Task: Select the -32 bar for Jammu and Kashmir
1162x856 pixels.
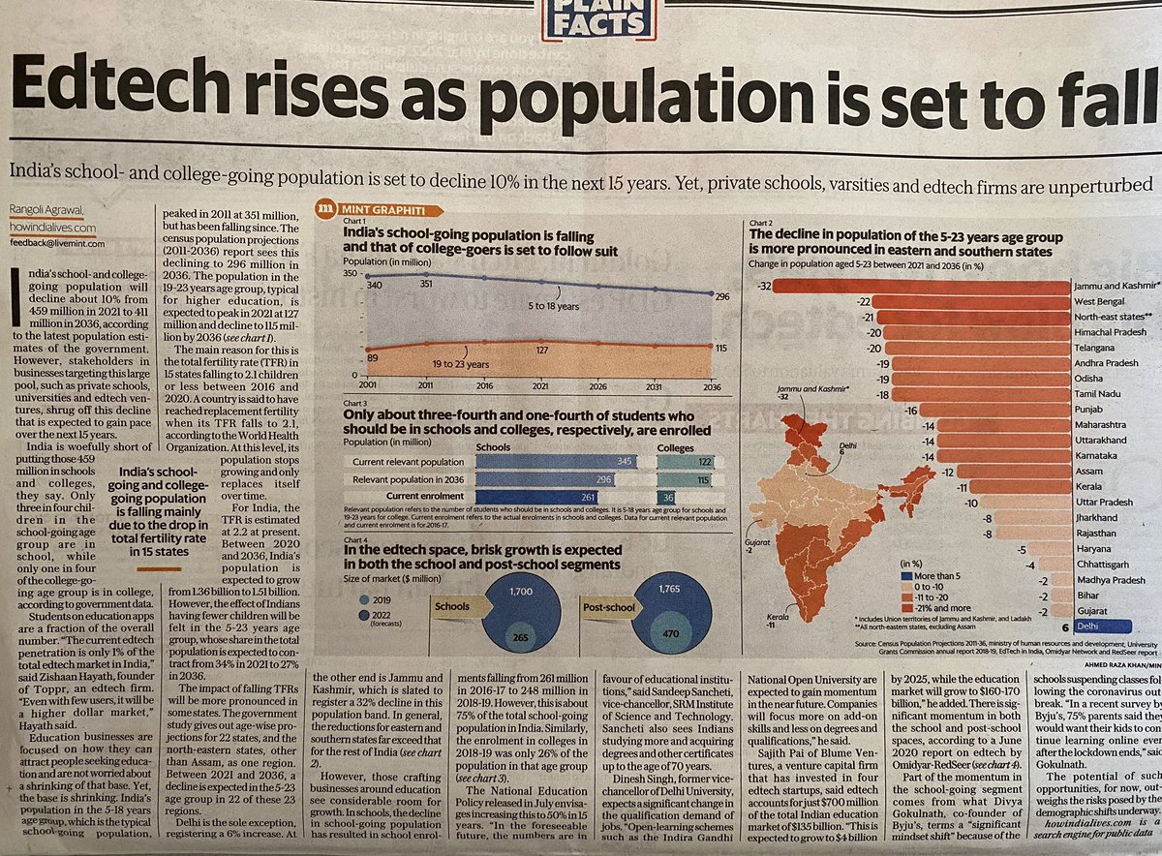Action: tap(920, 286)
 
